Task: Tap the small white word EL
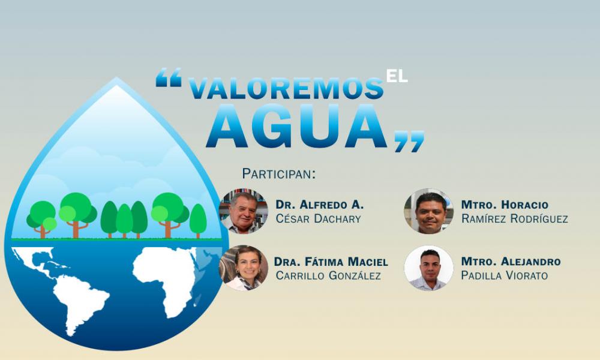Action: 397,76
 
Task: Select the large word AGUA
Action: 299,127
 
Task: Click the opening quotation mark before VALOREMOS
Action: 169,78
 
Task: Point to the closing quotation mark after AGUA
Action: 409,141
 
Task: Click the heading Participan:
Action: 278,174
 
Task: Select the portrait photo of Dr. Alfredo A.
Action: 243,211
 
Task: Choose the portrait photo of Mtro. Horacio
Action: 428,211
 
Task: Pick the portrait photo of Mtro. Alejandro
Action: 428,268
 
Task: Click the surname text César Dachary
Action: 318,218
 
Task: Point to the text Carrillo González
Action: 328,275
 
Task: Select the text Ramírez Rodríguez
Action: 514,218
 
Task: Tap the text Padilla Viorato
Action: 504,275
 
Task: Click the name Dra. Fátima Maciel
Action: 331,262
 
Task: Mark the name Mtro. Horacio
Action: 505,205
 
